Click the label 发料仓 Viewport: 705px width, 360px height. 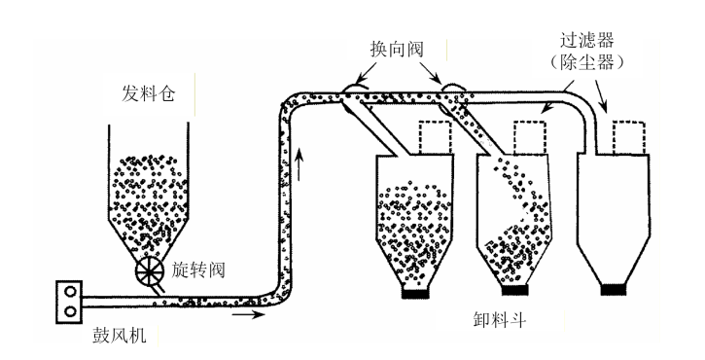tap(148, 93)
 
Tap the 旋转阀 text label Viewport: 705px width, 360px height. tap(197, 270)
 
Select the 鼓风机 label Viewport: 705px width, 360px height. tap(120, 336)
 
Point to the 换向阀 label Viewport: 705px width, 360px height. tap(397, 49)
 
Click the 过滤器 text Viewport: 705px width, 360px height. tap(587, 41)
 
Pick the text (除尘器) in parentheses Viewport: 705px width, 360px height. tap(587, 62)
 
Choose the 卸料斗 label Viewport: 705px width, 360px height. tap(500, 320)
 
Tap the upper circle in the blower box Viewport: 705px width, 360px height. tap(70, 292)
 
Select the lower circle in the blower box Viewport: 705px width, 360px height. tap(70, 311)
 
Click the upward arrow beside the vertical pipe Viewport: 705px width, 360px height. tap(300, 165)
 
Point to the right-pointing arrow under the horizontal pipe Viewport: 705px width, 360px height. tap(249, 314)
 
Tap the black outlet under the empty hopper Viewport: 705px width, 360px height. tap(614, 290)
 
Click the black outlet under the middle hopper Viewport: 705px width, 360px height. tap(514, 290)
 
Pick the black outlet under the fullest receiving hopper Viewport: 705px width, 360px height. tap(415, 293)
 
